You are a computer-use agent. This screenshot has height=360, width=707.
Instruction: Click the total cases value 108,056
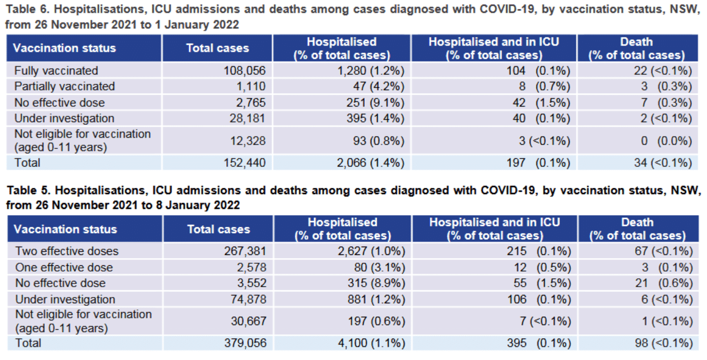tap(244, 70)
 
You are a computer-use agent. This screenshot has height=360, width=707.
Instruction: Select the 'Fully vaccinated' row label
tap(56, 70)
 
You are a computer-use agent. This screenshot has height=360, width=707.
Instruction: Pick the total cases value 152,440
tap(244, 163)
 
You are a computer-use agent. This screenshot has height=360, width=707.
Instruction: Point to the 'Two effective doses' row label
tap(67, 251)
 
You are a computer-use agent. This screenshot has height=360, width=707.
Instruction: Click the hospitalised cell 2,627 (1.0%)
tap(370, 251)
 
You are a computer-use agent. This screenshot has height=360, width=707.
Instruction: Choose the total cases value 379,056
tap(245, 343)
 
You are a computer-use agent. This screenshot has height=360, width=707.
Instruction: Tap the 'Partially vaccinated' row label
tap(65, 86)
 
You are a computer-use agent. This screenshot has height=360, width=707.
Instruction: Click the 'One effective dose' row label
tap(63, 267)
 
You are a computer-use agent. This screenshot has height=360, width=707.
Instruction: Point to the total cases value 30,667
tap(248, 322)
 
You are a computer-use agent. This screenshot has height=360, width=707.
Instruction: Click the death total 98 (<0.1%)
tap(660, 343)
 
